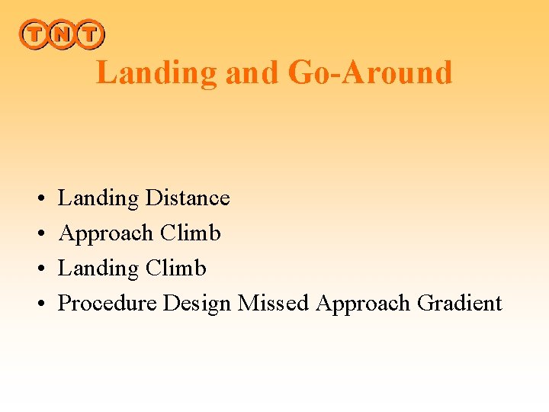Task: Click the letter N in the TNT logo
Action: [63, 34]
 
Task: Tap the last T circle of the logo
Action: [90, 34]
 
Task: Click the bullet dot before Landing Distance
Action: [38, 199]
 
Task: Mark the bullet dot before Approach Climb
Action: [38, 234]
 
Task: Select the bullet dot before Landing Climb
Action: [38, 269]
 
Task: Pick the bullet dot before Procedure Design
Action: [38, 304]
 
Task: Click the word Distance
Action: [188, 198]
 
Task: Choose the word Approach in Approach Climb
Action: [106, 233]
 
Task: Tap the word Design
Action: [197, 304]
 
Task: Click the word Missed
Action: [273, 303]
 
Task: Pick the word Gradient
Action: [460, 303]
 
